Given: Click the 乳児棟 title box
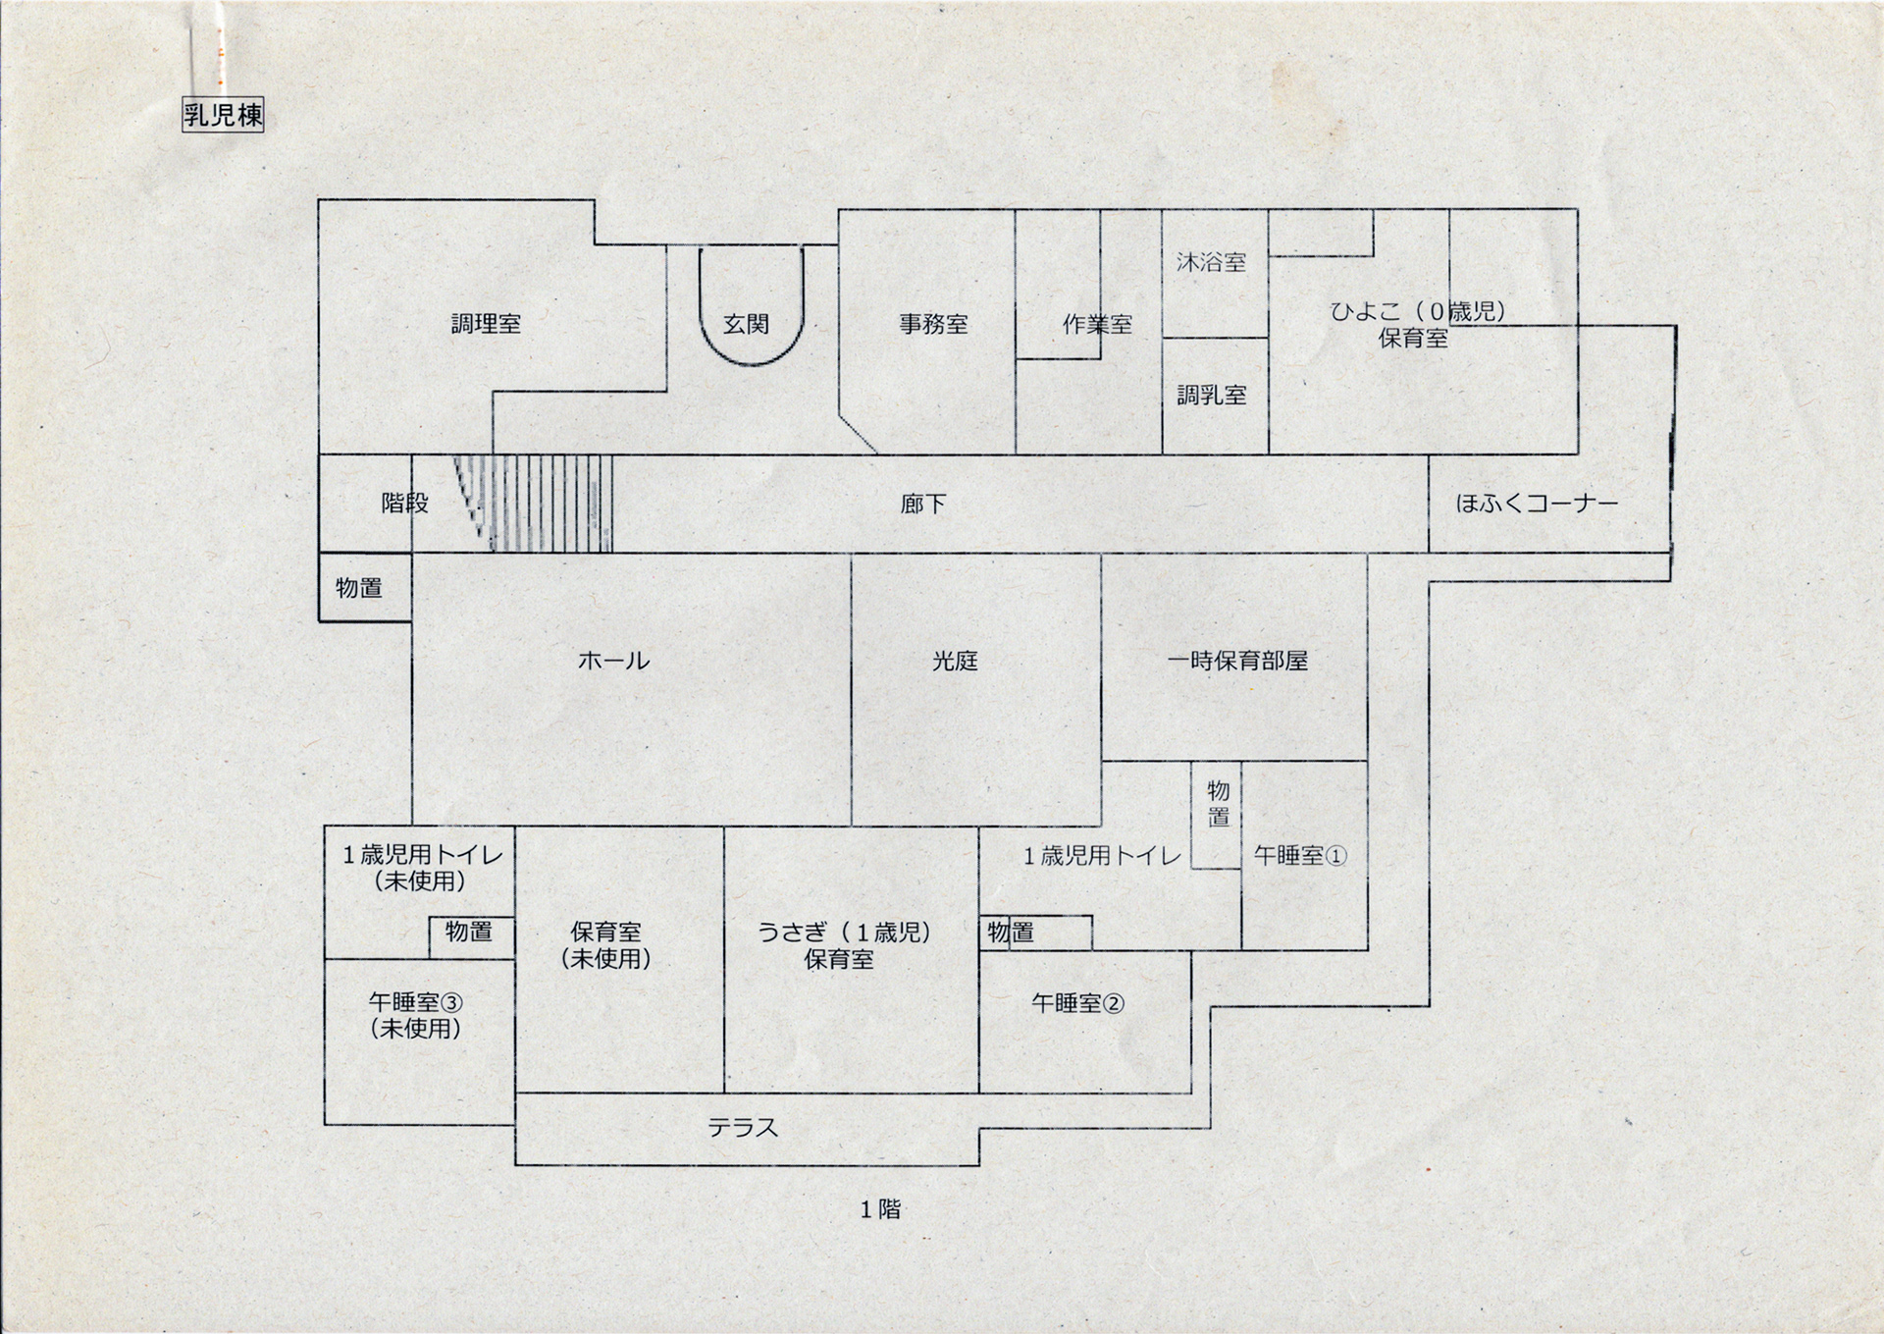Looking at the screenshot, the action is point(223,116).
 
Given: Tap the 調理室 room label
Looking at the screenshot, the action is point(486,324).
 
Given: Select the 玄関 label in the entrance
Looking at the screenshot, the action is point(746,324).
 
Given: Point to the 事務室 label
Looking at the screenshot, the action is point(933,324).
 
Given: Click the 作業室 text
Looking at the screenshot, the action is point(1097,325).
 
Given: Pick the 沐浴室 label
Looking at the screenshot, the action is point(1211,262).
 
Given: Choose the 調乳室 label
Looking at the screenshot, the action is point(1212,395).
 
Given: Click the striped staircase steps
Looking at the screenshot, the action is point(549,504).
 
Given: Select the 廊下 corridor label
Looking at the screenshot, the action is point(923,505).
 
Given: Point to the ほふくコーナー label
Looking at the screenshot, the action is point(1536,505).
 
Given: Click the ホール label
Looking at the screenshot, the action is point(614,661).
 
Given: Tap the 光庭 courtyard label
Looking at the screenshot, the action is point(955,661).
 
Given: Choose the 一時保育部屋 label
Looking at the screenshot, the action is point(1237,661).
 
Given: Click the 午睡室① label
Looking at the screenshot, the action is point(1300,856).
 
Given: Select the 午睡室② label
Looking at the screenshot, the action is point(1077,1003).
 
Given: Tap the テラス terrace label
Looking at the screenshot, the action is point(744,1128).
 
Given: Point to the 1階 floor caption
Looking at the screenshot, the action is point(880,1210).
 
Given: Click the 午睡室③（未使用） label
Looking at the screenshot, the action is point(416,1015).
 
